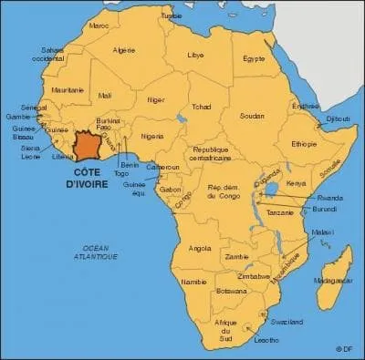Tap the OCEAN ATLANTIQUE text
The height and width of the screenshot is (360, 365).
click(89, 252)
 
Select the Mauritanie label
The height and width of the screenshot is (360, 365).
click(67, 90)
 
